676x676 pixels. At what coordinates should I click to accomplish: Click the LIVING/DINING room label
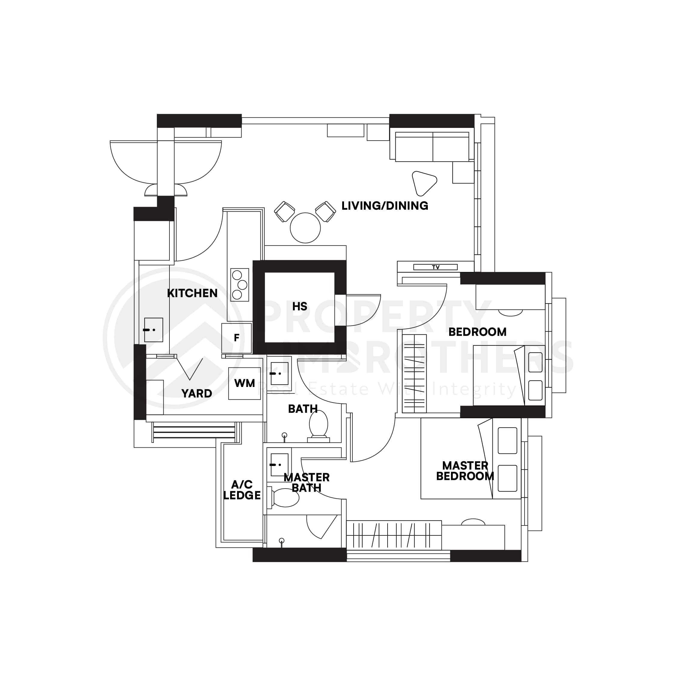385,206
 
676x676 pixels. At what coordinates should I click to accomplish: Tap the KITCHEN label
192,293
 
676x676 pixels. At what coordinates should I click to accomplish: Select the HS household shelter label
300,306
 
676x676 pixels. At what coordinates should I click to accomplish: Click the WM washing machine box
245,383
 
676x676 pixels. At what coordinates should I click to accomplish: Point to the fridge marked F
236,338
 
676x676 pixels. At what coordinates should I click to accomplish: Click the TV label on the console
435,267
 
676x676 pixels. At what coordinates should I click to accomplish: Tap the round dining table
305,228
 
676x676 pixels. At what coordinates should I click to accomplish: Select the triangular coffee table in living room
423,183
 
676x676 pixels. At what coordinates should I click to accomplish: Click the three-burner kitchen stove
240,285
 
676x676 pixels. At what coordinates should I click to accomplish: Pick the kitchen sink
154,330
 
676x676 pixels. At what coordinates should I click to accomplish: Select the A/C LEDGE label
242,490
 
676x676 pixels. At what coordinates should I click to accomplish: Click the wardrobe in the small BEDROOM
414,373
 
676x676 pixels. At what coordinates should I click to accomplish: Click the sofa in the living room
432,147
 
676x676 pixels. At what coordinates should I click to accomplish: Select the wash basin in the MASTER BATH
279,465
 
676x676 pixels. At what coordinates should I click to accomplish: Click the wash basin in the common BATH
279,373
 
